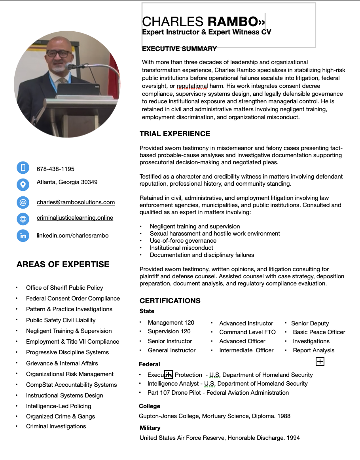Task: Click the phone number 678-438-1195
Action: pyautogui.click(x=55, y=169)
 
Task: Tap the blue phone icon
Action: pyautogui.click(x=23, y=168)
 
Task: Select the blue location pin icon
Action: pyautogui.click(x=23, y=184)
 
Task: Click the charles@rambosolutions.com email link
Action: pyautogui.click(x=76, y=202)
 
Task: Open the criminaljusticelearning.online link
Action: pyautogui.click(x=75, y=218)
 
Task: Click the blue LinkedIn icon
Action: pyautogui.click(x=23, y=236)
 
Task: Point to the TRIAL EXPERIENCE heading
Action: pyautogui.click(x=175, y=134)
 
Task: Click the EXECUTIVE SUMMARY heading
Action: pyautogui.click(x=179, y=49)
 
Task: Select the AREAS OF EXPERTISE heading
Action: pyautogui.click(x=63, y=264)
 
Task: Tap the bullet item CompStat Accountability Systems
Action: pyautogui.click(x=71, y=385)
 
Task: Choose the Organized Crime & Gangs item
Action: pyautogui.click(x=61, y=416)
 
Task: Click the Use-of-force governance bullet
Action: pyautogui.click(x=183, y=241)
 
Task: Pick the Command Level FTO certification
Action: pyautogui.click(x=247, y=332)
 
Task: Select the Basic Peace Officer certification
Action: pyautogui.click(x=319, y=332)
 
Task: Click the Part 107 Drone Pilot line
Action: pyautogui.click(x=218, y=393)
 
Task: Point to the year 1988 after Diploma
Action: pyautogui.click(x=284, y=416)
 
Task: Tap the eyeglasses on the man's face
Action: pyautogui.click(x=59, y=53)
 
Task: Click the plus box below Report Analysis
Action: pyautogui.click(x=320, y=361)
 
